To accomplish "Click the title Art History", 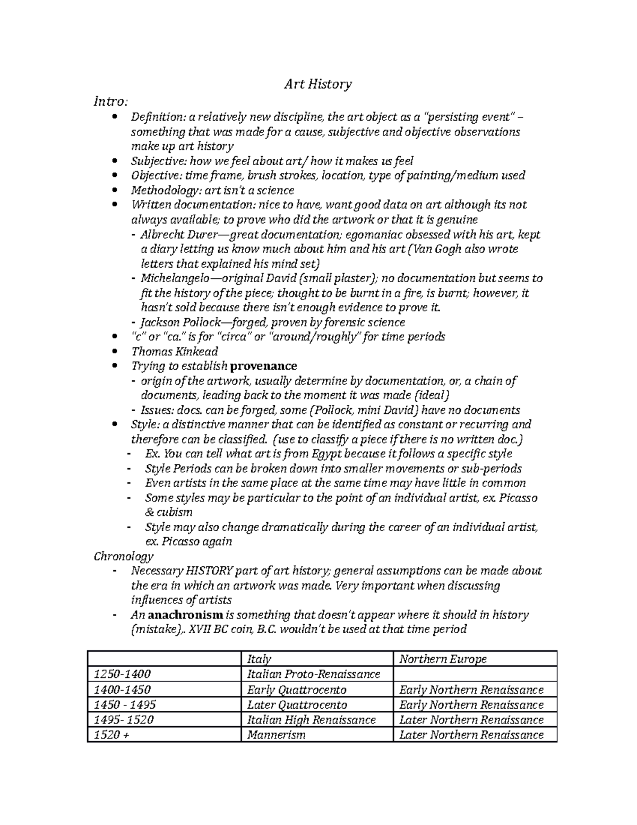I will pyautogui.click(x=318, y=84).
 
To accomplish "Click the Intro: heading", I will pyautogui.click(x=111, y=101).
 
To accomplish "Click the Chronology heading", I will pyautogui.click(x=123, y=556).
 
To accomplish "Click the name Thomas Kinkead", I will pyautogui.click(x=175, y=352).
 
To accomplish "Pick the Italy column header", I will pyautogui.click(x=260, y=659).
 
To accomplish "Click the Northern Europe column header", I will pyautogui.click(x=443, y=659).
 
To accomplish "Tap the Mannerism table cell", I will pyautogui.click(x=276, y=735).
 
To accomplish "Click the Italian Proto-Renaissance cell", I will pyautogui.click(x=314, y=674).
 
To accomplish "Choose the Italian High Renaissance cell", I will pyautogui.click(x=312, y=720).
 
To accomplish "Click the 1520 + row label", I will pyautogui.click(x=111, y=735).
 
